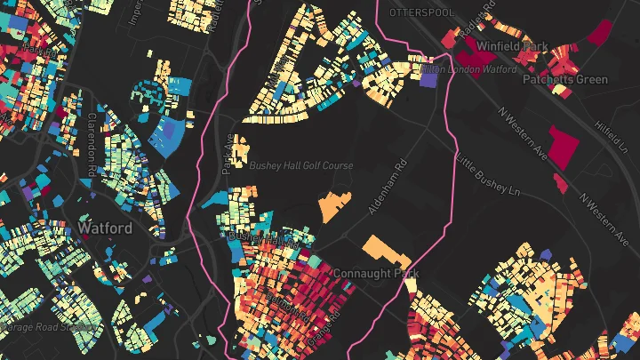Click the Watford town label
pyautogui.click(x=105, y=228)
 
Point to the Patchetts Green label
pyautogui.click(x=565, y=79)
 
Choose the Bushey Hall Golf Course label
pyautogui.click(x=301, y=165)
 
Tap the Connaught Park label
pyautogui.click(x=375, y=273)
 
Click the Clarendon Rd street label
pyautogui.click(x=92, y=141)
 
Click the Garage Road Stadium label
pyautogui.click(x=44, y=326)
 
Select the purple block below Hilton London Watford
pyautogui.click(x=429, y=80)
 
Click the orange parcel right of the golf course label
pyautogui.click(x=335, y=205)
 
